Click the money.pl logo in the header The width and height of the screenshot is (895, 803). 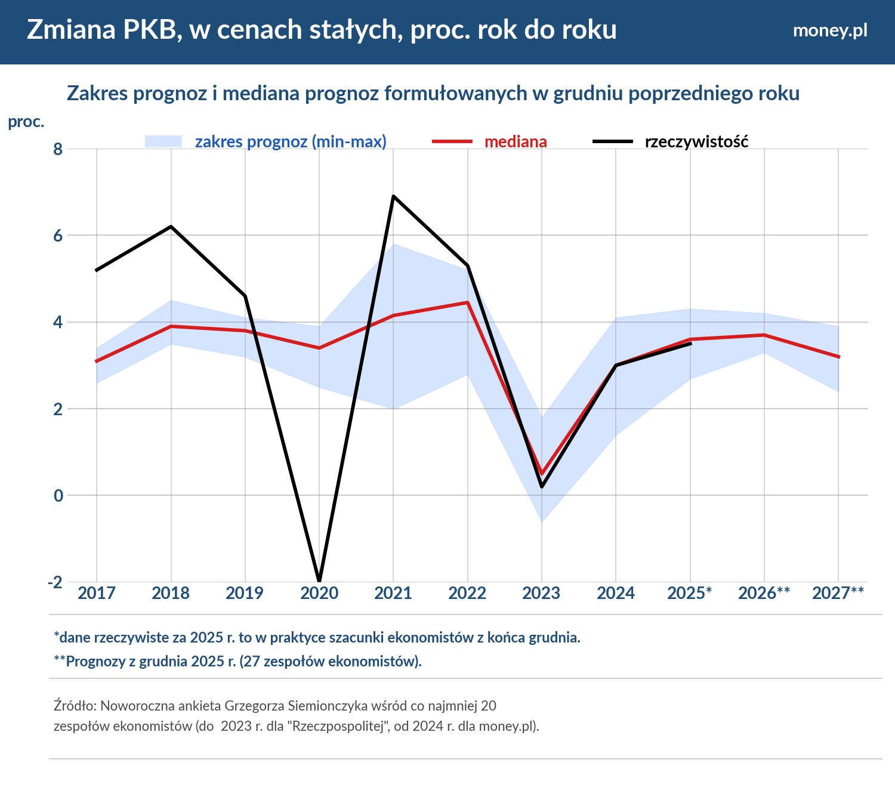(829, 30)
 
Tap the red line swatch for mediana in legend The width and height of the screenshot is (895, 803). (452, 141)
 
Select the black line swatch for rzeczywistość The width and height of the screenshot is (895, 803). (612, 141)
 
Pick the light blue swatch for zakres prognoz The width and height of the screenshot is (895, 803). (163, 141)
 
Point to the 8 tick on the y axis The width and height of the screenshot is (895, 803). (58, 149)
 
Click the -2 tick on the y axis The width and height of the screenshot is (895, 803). (55, 582)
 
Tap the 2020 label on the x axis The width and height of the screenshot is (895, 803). (319, 593)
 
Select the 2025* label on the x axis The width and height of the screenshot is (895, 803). (689, 593)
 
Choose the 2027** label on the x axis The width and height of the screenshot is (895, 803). (838, 593)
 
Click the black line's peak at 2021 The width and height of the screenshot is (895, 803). (393, 196)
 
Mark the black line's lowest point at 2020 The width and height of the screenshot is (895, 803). (319, 580)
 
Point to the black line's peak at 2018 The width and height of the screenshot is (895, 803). (171, 227)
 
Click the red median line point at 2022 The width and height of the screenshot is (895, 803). (468, 302)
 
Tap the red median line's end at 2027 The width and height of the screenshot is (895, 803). (838, 357)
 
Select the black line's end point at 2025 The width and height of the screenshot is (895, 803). (690, 344)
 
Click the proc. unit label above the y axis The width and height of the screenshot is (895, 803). (26, 122)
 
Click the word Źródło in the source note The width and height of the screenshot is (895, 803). (75, 706)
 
